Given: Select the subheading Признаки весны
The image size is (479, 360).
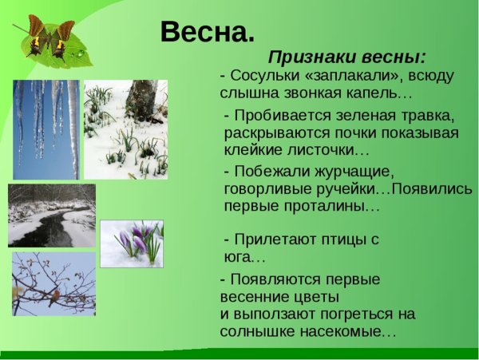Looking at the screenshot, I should click(x=346, y=57).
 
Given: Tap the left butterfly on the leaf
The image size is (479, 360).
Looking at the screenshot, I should click(x=34, y=36).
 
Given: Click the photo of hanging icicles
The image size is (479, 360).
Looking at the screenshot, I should click(x=46, y=129).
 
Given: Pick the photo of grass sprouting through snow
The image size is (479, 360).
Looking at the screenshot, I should click(x=125, y=129).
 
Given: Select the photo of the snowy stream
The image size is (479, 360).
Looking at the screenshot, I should click(x=52, y=215).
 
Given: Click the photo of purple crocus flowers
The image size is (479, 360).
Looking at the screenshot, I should click(x=131, y=243).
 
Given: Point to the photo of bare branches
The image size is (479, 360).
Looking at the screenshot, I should click(x=53, y=283).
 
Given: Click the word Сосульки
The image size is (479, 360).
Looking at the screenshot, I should click(x=263, y=77).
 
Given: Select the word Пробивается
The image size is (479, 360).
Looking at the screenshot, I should click(x=279, y=115).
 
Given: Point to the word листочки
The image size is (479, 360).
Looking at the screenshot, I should click(x=319, y=150).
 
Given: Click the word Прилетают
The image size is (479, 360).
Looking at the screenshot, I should click(x=271, y=239).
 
